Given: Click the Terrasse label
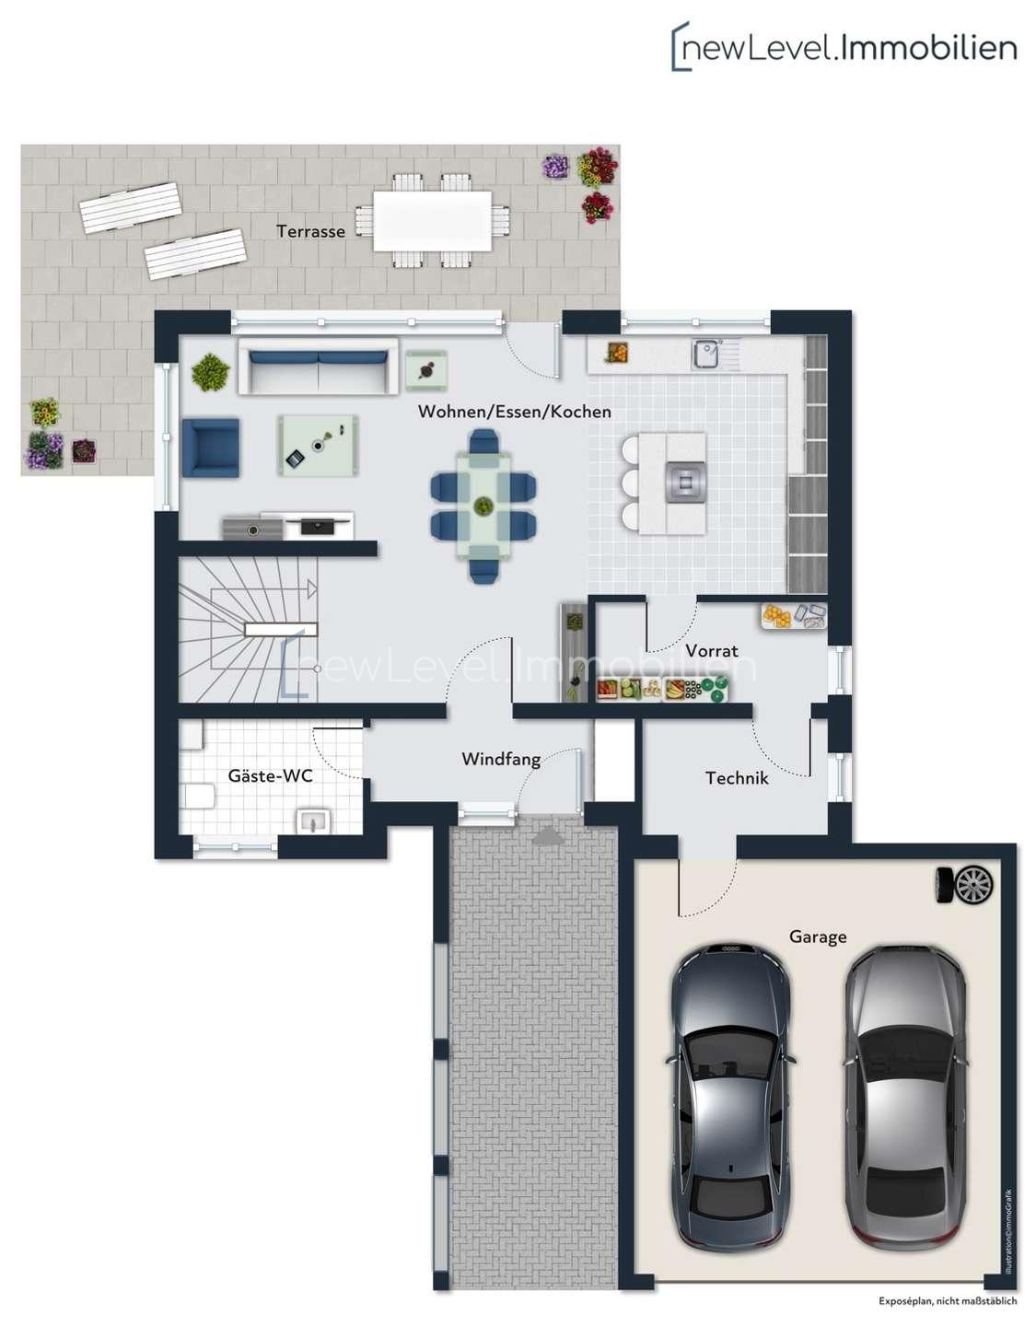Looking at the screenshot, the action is click(x=310, y=231).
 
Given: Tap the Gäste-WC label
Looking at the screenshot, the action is click(x=271, y=775).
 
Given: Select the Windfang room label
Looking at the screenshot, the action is click(x=501, y=759).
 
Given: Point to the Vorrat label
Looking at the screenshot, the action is click(x=712, y=650).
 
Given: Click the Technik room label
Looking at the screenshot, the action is click(x=737, y=778).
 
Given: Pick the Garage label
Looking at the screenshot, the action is click(x=818, y=936).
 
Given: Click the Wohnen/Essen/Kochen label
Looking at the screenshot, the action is click(x=515, y=412).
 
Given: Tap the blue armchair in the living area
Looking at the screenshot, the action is click(x=211, y=448).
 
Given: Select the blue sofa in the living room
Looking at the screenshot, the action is click(x=318, y=366).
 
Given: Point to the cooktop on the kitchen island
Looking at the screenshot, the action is click(x=686, y=483).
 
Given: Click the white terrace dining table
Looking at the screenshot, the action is click(x=433, y=222).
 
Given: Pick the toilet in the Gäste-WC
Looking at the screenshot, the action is click(x=198, y=797).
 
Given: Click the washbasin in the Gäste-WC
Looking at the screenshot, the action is click(x=314, y=822).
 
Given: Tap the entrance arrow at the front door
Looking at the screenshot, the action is click(x=548, y=837).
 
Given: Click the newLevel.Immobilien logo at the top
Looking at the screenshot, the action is click(x=844, y=47).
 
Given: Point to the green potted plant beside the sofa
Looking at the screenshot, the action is click(x=211, y=372).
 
